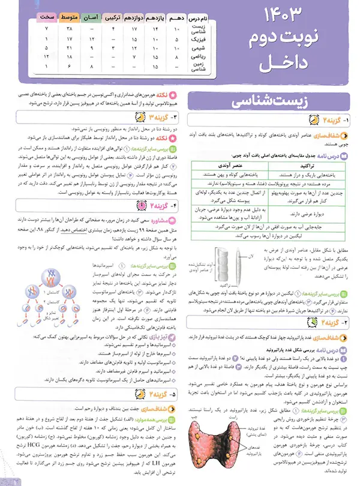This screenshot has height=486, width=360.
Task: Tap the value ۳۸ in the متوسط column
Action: coord(71,29)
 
